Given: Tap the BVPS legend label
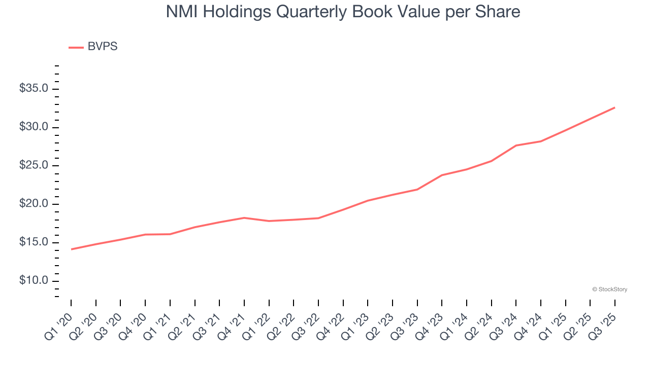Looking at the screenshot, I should (x=103, y=47).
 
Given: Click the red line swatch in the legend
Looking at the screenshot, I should (x=76, y=47).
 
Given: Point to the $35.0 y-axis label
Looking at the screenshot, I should (x=34, y=89).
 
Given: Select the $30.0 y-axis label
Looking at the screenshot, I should (x=34, y=127).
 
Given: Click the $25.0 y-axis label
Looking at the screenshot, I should (x=34, y=166).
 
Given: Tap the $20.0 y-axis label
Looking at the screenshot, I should (x=34, y=204).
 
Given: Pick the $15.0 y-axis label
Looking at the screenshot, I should (x=34, y=242).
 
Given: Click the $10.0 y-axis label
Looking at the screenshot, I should (x=34, y=281).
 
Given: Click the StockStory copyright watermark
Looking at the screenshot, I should (x=609, y=289).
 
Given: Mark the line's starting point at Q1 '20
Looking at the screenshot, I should (x=71, y=249).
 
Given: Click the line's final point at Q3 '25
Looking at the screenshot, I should (x=614, y=107).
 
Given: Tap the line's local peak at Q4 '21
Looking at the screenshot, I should (x=244, y=217).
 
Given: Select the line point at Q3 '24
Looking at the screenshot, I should (x=516, y=145).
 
